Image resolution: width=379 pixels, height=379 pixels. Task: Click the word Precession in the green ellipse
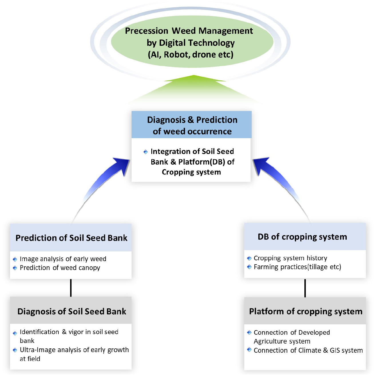click(x=146, y=31)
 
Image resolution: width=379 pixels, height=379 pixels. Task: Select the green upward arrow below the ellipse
click(x=194, y=90)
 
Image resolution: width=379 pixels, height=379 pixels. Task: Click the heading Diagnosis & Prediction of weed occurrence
click(x=192, y=126)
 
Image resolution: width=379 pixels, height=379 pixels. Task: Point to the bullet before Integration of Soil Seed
click(x=146, y=152)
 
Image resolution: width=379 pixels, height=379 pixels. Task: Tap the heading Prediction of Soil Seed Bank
click(x=72, y=238)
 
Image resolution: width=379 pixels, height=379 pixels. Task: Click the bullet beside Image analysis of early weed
click(x=15, y=259)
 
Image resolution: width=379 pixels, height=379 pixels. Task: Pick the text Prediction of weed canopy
click(x=60, y=268)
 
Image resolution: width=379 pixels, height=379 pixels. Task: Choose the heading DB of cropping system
click(x=302, y=237)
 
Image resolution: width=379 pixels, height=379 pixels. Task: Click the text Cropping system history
click(x=291, y=258)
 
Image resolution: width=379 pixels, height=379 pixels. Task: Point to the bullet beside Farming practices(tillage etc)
click(x=249, y=267)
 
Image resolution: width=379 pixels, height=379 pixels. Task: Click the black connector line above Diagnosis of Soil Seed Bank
click(x=71, y=288)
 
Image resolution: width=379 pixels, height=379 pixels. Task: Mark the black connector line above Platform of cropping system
click(x=305, y=288)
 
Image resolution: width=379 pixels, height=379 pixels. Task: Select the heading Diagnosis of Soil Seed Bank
click(x=72, y=311)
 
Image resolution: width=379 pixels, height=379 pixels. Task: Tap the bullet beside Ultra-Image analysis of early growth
click(x=15, y=350)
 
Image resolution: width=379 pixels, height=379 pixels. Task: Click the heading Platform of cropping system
click(x=306, y=311)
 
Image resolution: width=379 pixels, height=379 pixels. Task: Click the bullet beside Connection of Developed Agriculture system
click(x=249, y=333)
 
